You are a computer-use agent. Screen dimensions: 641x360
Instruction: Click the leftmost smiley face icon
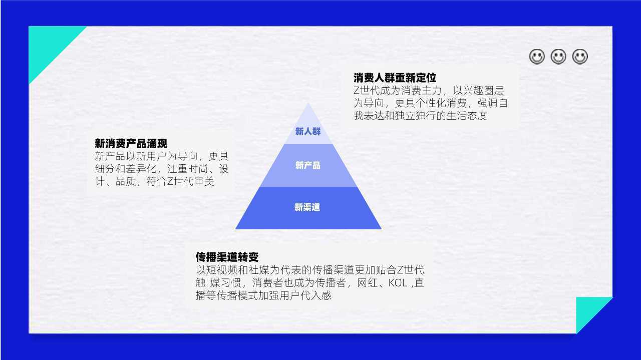pyautogui.click(x=537, y=57)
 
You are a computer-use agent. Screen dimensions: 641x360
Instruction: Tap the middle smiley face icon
pyautogui.click(x=558, y=57)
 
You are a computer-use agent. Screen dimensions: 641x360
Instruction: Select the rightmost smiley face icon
pyautogui.click(x=580, y=57)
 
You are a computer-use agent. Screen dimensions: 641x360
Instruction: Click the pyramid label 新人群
pyautogui.click(x=308, y=131)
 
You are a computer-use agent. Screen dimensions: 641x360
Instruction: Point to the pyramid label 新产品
pyautogui.click(x=307, y=165)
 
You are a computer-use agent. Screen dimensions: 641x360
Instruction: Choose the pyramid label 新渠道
pyautogui.click(x=307, y=207)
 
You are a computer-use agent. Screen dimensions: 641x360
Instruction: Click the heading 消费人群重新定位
pyautogui.click(x=395, y=78)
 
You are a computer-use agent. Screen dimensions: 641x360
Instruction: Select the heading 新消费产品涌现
pyautogui.click(x=131, y=143)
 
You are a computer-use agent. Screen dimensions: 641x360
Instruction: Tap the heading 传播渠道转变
pyautogui.click(x=227, y=257)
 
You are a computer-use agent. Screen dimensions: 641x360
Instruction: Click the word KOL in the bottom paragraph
pyautogui.click(x=398, y=283)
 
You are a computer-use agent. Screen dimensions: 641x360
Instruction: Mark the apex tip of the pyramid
pyautogui.click(x=308, y=103)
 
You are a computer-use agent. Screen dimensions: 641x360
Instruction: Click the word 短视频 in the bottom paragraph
pyautogui.click(x=221, y=270)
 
